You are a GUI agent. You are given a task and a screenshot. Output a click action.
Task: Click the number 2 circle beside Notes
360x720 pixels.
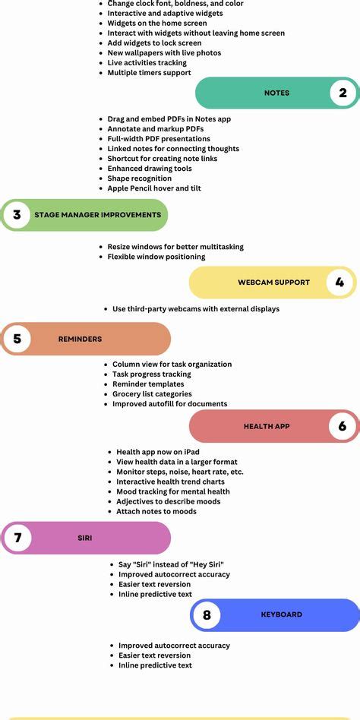[343, 93]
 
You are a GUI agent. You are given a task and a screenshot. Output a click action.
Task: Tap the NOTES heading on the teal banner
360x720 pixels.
[277, 93]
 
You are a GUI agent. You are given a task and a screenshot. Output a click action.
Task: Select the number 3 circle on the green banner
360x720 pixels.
[17, 214]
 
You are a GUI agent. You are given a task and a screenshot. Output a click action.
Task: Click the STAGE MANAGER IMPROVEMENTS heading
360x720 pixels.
[98, 214]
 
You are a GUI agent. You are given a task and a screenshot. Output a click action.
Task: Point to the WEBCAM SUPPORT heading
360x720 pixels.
[273, 283]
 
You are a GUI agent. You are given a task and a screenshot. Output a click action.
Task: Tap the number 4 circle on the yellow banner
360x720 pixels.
[339, 282]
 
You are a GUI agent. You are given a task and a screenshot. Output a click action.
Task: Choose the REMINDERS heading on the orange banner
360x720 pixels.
[80, 339]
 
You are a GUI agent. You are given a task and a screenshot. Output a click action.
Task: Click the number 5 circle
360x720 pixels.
[17, 339]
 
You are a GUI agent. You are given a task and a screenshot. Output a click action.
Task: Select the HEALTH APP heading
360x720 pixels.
[267, 426]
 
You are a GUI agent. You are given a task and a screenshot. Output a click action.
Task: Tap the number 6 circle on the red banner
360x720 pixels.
[343, 425]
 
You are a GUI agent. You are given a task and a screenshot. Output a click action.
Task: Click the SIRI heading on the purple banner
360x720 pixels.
[85, 538]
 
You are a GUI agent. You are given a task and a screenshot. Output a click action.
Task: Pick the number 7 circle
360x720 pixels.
[17, 537]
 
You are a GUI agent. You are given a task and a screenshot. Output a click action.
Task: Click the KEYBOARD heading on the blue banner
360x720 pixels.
[282, 614]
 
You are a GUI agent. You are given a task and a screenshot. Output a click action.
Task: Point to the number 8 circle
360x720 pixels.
[207, 614]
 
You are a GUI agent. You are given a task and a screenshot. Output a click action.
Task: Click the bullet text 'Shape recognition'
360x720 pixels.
[140, 178]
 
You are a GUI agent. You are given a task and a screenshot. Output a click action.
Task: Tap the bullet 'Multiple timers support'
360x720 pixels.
[149, 73]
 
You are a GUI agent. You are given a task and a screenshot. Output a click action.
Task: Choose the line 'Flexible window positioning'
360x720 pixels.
[156, 257]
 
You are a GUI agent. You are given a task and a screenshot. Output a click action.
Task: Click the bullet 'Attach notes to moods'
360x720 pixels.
[156, 511]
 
